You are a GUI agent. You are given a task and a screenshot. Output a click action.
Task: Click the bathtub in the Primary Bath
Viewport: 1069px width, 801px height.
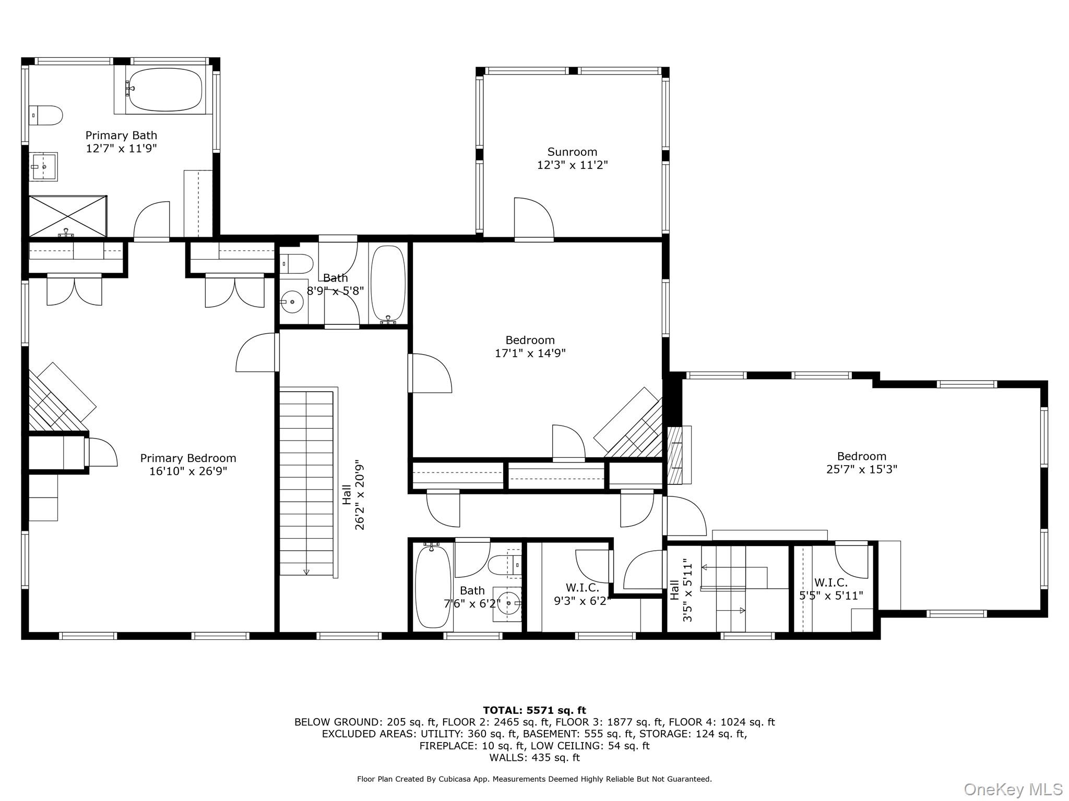[x=165, y=89]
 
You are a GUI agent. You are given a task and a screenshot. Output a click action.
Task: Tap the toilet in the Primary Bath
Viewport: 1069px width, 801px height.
[x=46, y=115]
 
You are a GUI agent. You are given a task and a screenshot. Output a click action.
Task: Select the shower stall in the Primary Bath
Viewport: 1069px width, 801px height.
[x=67, y=216]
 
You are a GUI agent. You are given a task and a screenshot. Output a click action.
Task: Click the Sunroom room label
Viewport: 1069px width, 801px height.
[x=572, y=152]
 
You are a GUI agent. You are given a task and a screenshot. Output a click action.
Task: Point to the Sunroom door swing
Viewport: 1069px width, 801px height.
[x=533, y=219]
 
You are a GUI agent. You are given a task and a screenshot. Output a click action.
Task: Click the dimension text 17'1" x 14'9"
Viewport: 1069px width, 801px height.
[x=530, y=354]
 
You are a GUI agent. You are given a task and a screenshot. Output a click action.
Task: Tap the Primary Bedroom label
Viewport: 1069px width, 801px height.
[x=188, y=458]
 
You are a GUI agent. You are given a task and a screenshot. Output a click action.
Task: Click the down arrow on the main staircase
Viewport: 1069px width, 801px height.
[x=306, y=572]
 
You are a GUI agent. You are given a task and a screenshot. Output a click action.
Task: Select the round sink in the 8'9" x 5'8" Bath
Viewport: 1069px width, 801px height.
[x=292, y=301]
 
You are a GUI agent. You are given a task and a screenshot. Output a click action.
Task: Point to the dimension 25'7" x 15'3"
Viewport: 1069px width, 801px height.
[x=861, y=469]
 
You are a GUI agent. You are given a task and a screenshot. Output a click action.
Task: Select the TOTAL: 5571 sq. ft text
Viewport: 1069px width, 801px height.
[x=534, y=710]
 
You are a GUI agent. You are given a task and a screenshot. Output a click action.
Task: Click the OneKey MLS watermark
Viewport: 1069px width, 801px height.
[x=1013, y=790]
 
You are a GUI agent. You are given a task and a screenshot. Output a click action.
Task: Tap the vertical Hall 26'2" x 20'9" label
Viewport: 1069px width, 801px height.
[x=353, y=495]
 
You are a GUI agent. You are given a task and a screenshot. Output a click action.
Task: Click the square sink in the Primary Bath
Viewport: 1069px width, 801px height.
[x=43, y=166]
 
